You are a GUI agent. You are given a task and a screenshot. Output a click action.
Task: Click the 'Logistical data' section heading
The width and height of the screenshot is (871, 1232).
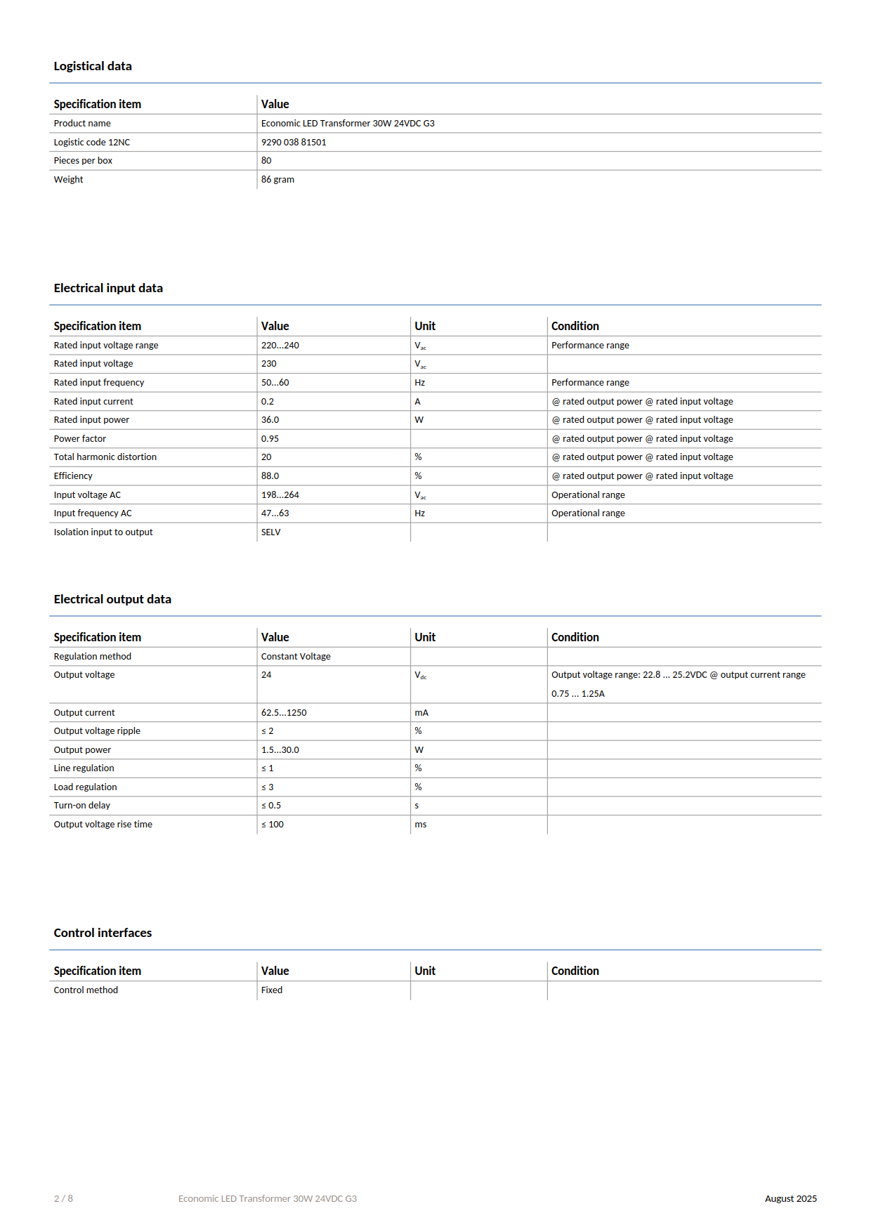coord(93,66)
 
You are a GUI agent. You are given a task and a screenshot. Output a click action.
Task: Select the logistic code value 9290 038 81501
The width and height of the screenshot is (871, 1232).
coord(294,142)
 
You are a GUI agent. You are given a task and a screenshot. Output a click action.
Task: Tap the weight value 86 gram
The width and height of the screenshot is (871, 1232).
coord(277,179)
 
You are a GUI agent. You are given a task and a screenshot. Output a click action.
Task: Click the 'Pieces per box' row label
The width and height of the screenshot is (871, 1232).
coord(83,160)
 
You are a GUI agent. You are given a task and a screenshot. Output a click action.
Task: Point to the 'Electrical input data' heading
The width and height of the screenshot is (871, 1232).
coord(108,288)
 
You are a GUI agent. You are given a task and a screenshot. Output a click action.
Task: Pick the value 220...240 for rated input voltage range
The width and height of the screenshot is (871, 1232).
coord(280,345)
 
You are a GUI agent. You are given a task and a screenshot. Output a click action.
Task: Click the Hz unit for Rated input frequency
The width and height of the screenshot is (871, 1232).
coord(419,382)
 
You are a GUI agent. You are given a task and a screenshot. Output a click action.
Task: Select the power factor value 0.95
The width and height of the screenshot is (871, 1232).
coord(270,438)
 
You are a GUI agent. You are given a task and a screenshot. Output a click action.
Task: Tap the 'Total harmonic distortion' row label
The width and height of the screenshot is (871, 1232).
coord(105,457)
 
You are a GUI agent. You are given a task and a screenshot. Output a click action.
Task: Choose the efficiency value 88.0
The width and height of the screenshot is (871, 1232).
coord(270,476)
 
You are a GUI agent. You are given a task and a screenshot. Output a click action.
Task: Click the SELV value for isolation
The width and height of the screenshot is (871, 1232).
coord(270,532)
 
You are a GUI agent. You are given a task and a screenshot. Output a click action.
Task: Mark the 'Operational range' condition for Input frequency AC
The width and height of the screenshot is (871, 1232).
coord(588,513)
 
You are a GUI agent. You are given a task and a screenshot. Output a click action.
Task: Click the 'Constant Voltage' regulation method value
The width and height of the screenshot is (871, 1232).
coord(296,656)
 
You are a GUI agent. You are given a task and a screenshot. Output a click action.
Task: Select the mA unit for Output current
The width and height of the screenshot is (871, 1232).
coord(421,712)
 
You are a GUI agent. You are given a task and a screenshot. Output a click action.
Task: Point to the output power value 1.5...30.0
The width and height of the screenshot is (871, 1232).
coord(280,749)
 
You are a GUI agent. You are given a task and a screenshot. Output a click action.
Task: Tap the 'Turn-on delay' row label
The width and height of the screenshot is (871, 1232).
coord(82,805)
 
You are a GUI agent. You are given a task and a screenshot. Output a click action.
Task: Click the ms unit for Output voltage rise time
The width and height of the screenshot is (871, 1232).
coord(421,824)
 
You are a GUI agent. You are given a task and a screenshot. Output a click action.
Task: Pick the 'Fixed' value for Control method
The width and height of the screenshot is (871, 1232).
coord(272,990)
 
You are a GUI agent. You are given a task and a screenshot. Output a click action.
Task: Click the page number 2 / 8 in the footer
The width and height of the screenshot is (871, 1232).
coord(63,1198)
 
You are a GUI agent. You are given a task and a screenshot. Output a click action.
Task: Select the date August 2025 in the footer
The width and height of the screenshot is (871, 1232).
coord(790,1198)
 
